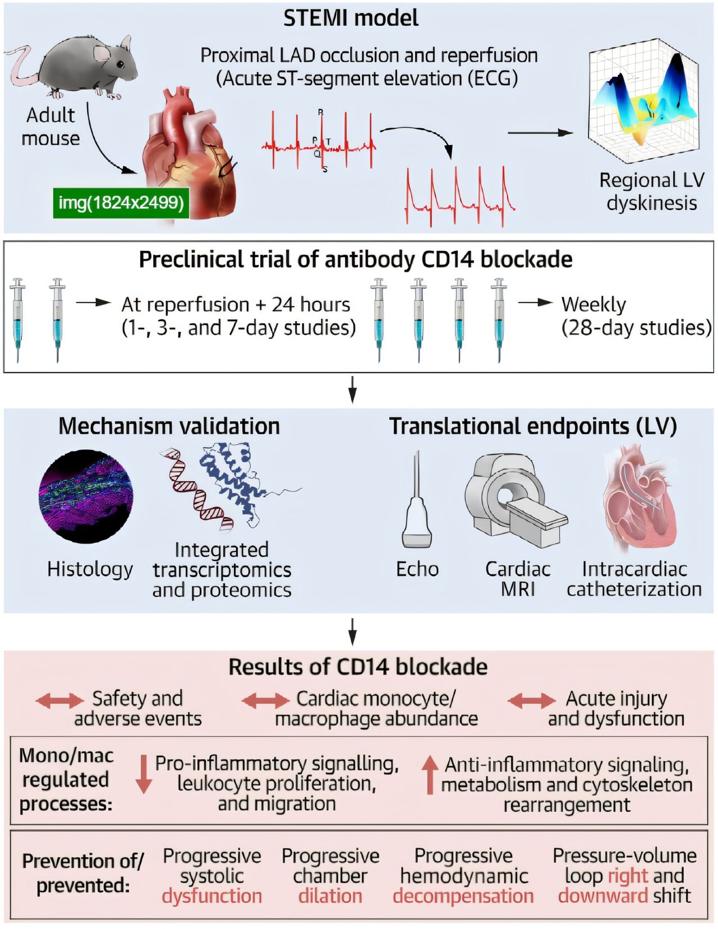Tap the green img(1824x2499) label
coord(121,202)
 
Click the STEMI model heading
coord(351,18)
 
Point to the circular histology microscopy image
coord(86,496)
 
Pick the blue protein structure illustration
coord(236,482)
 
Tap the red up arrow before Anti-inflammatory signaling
coord(430,774)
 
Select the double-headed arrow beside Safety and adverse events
coord(59,700)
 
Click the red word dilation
coord(330,896)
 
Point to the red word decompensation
coord(463,896)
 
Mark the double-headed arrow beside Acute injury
coord(531,700)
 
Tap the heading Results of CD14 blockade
coord(358,667)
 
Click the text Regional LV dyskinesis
coord(651,191)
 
